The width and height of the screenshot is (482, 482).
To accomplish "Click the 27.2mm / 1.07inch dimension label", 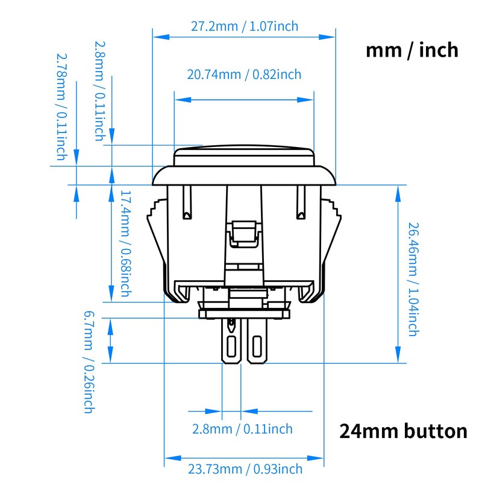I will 244,27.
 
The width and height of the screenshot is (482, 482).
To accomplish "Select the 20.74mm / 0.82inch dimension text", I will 244,75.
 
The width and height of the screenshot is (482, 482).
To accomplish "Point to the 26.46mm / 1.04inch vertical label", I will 413,279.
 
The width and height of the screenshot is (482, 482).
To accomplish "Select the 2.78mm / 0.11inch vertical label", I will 61,107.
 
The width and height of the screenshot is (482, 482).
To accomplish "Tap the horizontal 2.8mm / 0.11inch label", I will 242,429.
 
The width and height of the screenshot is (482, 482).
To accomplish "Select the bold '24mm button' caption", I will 403,431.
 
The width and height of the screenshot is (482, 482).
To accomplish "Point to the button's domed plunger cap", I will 243,156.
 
